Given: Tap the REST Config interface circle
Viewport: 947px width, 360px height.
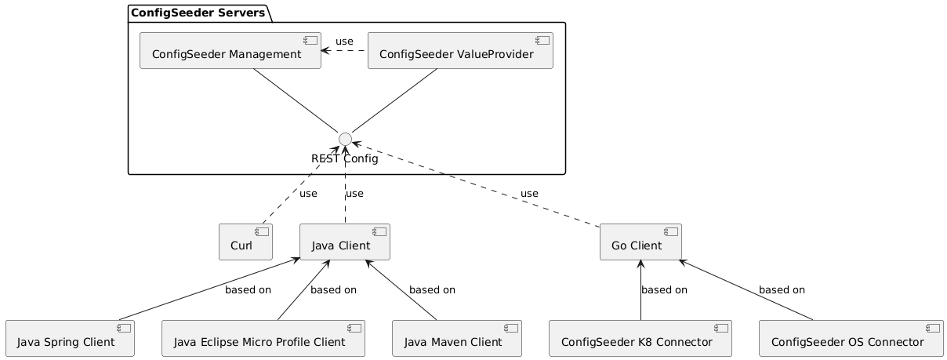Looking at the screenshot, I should pos(344,139).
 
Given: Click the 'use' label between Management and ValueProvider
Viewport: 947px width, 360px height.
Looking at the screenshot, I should pos(344,42).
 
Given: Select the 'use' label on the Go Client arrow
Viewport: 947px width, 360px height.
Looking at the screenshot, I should pos(529,194).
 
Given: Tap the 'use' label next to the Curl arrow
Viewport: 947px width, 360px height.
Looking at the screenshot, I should pos(308,194).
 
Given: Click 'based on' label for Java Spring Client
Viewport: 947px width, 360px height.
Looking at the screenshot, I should pos(248,290).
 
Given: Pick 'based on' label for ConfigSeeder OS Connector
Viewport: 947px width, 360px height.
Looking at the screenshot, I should pos(782,290).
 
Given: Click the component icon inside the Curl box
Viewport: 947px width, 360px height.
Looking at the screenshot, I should pos(263,234).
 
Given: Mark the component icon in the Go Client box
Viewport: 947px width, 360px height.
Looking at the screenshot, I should pos(671,234).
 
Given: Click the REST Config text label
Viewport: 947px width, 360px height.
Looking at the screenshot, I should pos(344,159).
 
